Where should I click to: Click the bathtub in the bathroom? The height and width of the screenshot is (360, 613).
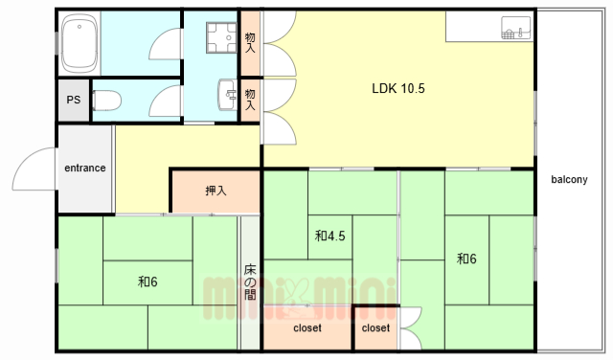coord(79,43)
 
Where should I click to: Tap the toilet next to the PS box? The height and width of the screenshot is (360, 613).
coord(106,101)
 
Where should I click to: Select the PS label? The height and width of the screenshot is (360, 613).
coord(74,101)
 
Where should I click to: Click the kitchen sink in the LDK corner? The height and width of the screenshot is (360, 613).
coord(516,28)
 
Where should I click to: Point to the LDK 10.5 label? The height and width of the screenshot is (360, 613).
coord(398,88)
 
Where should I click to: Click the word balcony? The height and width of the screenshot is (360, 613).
coord(569,179)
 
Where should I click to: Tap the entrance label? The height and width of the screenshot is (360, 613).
coord(85,169)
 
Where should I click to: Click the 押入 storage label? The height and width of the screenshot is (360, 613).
coord(216,191)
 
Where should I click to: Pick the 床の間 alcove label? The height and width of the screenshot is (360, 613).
coord(250,281)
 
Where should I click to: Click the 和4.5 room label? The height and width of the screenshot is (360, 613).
coord(329,236)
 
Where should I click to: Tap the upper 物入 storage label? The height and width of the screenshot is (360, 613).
coord(250,43)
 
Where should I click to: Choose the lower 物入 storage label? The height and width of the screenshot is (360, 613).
coord(250,100)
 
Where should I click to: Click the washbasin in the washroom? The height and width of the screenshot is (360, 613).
coord(228,95)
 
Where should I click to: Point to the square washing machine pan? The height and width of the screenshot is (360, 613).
coord(221,37)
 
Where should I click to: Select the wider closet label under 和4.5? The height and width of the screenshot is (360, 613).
coord(307,328)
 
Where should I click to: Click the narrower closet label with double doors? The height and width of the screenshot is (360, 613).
coord(375,328)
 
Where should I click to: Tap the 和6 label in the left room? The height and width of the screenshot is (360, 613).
coord(148,281)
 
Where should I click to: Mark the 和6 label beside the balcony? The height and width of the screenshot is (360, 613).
coord(466,259)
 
